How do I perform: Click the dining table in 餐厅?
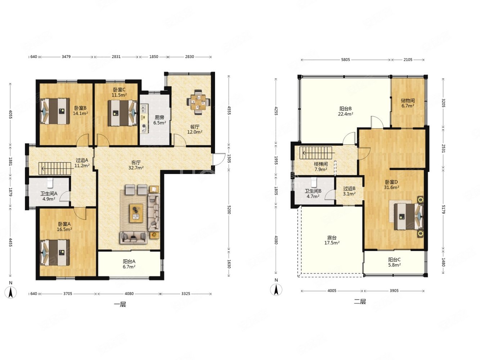pos(198,102)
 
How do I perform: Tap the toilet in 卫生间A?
pos(50,183)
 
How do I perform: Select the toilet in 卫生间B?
pos(314,183)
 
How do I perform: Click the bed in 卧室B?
pos(55,111)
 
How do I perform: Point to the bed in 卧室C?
pos(122,113)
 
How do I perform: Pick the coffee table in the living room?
pos(136,213)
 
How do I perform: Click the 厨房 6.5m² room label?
pos(160,120)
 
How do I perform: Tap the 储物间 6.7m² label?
pos(408,103)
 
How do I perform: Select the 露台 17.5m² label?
pos(332,240)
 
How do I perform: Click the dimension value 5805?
pos(346,60)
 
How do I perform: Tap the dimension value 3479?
pos(66,57)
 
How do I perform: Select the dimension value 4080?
pos(129,293)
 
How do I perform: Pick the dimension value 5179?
pos(443,209)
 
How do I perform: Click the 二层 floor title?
pos(360,302)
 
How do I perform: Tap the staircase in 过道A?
pos(55,168)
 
